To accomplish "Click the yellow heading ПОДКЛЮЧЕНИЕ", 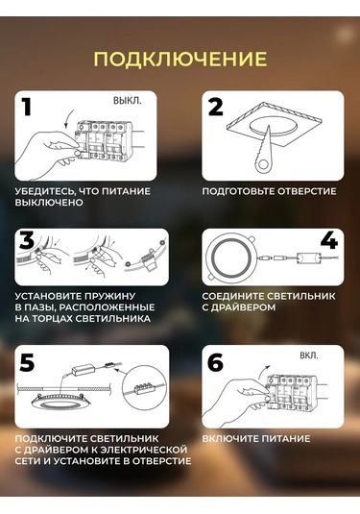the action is (180, 59).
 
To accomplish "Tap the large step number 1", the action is (26, 107).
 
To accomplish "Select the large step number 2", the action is (216, 107).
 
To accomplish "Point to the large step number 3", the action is (27, 239).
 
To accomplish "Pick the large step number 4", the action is (329, 240).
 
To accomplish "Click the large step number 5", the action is (27, 362).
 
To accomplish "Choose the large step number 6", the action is (215, 362).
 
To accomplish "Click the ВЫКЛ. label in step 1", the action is (128, 101).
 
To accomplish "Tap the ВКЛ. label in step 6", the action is (308, 355).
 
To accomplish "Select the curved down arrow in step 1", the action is (69, 118).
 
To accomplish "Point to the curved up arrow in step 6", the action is (264, 373).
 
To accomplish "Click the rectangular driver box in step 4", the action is (309, 257).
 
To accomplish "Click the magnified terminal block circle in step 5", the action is (142, 389).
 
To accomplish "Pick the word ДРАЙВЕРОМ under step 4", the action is (243, 307).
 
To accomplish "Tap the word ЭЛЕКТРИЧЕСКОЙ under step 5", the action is (144, 450).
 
